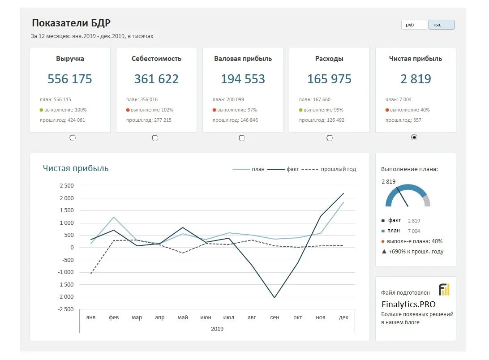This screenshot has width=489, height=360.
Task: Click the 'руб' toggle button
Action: pos(414,25)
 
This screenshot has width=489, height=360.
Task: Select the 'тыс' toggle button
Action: pos(441,25)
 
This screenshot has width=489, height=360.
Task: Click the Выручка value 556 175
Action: pos(70,79)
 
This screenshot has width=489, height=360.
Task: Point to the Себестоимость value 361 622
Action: pos(156,79)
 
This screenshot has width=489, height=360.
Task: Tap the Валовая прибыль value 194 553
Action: pos(243,79)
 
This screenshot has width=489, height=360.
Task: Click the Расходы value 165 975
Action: pos(329,79)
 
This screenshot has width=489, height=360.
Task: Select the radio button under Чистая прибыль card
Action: pos(414,137)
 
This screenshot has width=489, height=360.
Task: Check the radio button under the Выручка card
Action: pos(73,138)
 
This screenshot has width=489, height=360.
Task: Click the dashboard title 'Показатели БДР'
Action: pos(71,23)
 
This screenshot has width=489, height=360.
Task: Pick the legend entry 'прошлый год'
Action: pos(338,169)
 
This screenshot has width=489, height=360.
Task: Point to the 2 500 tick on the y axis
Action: pos(66,186)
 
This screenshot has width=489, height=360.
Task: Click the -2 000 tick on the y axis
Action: pos(65,297)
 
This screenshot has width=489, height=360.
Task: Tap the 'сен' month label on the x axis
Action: pos(275,317)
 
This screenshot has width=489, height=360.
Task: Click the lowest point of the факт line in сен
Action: pos(275,298)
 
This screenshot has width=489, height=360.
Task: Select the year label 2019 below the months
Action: pos(217,329)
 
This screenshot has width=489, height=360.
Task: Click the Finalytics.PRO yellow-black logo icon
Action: pos(444,290)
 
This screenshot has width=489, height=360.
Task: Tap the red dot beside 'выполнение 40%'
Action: pos(387,110)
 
